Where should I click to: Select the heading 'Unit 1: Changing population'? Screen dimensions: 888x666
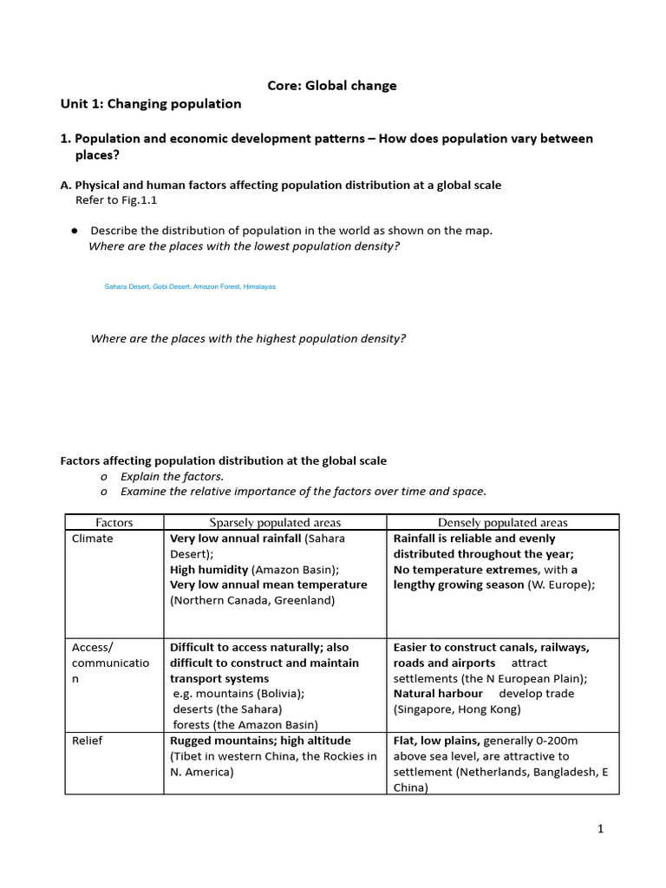[151, 104]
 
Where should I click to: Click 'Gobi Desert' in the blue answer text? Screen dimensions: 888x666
[171, 286]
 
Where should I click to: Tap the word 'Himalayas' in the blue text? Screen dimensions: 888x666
[259, 286]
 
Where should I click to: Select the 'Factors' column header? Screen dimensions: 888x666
[114, 522]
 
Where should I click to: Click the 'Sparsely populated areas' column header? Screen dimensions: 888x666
[275, 522]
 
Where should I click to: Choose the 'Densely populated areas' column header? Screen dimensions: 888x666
[503, 522]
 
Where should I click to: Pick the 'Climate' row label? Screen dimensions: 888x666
[92, 539]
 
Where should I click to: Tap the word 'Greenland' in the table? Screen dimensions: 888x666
[304, 600]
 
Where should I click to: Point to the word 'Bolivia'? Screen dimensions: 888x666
[278, 694]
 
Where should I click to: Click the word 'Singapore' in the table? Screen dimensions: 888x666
[425, 709]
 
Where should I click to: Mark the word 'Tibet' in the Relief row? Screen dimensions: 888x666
[188, 756]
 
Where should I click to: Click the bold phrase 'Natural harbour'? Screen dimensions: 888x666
[438, 694]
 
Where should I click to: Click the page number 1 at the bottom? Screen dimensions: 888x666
[600, 829]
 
